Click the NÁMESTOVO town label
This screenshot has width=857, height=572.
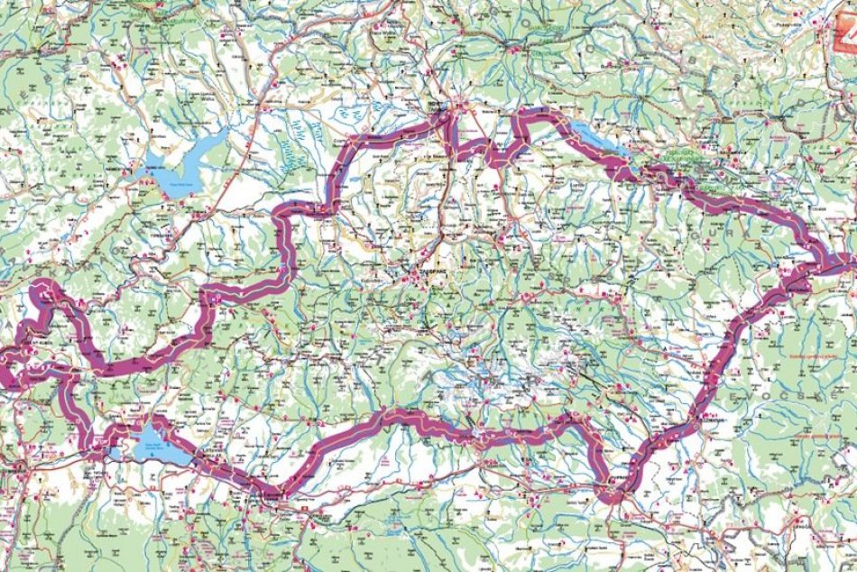coord(144,181)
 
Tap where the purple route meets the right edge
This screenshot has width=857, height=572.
coord(852,267)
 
